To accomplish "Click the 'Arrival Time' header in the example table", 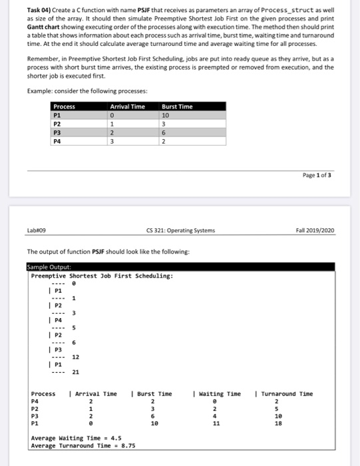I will [x=128, y=107].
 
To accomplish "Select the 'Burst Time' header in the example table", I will [x=177, y=107].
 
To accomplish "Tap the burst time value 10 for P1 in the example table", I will [x=166, y=115].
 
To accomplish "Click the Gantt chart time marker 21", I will [x=76, y=372].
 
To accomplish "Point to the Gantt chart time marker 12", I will [x=76, y=356].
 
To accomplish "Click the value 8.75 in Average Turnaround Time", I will [x=127, y=445].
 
